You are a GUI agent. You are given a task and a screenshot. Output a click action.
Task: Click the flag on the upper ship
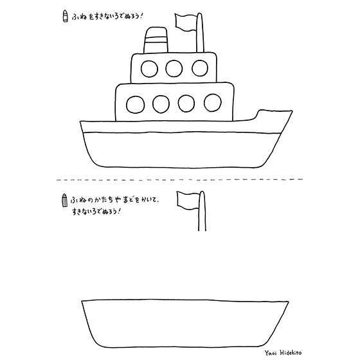186,22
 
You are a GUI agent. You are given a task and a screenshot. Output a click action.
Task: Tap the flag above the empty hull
188,201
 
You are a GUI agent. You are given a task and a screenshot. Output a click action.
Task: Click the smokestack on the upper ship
156,40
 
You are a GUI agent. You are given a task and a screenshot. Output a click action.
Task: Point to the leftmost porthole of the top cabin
149,69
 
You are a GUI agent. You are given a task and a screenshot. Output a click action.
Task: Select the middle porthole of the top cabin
174,68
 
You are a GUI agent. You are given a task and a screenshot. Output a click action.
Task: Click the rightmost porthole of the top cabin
200,68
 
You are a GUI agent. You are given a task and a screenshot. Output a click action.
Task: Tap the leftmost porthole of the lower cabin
136,105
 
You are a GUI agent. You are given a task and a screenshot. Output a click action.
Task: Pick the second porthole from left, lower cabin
161,104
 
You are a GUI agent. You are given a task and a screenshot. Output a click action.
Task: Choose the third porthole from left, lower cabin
186,104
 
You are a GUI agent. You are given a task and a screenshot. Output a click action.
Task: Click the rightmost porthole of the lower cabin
213,103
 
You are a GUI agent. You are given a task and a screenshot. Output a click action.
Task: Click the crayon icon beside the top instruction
66,16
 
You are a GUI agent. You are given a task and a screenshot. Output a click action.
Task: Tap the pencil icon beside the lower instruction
65,200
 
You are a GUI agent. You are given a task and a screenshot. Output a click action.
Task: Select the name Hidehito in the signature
291,352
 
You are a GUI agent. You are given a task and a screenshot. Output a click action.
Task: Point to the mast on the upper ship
200,33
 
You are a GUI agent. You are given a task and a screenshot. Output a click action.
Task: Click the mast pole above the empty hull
202,211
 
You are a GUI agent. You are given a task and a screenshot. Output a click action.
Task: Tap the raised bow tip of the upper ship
292,111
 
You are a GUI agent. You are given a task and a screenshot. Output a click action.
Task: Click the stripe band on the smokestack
155,40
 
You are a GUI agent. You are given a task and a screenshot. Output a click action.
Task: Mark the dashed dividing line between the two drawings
179,179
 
